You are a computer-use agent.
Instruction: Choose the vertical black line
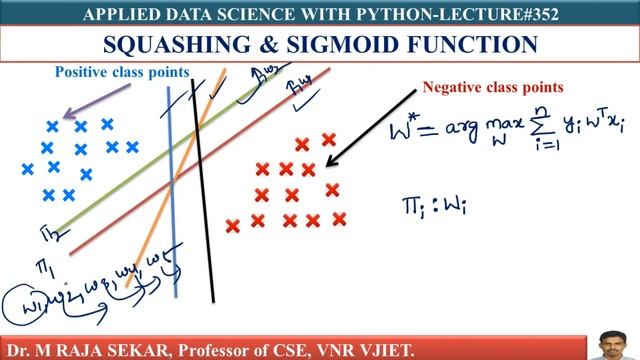point(203,190)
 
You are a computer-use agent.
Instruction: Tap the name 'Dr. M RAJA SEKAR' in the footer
point(85,345)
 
